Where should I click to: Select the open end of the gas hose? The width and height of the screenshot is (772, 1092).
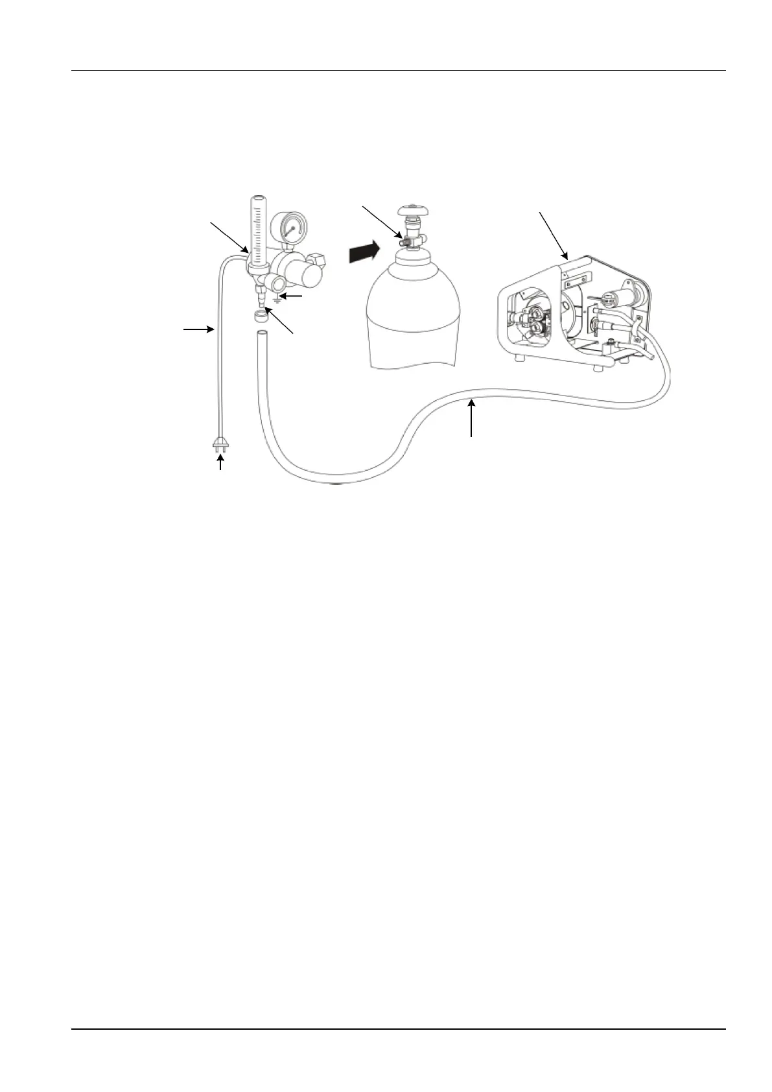261,333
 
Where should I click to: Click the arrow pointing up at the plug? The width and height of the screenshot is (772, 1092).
222,463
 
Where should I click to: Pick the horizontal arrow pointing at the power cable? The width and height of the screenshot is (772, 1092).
198,330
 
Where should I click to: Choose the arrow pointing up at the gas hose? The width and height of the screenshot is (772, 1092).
471,419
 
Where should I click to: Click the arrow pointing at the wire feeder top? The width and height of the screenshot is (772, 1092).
554,235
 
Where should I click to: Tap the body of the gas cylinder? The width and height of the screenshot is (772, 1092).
414,318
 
